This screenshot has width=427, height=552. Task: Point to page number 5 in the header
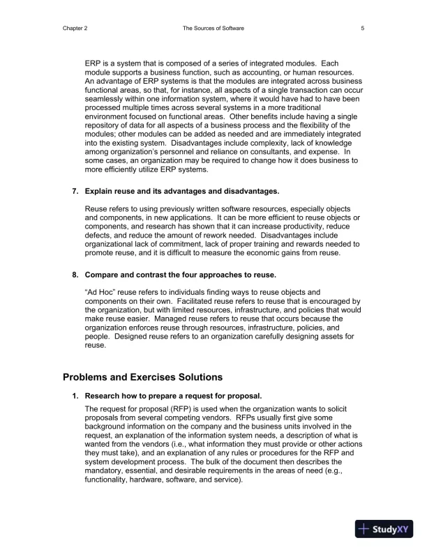pyautogui.click(x=363, y=28)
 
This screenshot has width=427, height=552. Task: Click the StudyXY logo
pyautogui.click(x=384, y=529)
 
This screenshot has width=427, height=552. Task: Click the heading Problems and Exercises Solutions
pyautogui.click(x=142, y=377)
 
